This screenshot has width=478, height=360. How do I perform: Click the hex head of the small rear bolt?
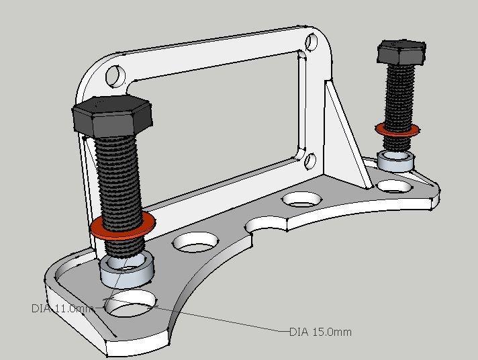pyautogui.click(x=401, y=52)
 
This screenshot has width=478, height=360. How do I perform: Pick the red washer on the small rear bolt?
pyautogui.click(x=397, y=129)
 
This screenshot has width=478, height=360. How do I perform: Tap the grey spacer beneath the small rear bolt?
pyautogui.click(x=395, y=161)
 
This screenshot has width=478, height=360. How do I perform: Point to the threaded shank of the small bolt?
pyautogui.click(x=400, y=94)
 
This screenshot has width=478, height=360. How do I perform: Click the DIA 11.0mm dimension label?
pyautogui.click(x=60, y=308)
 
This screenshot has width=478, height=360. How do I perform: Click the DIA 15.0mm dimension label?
pyautogui.click(x=320, y=332)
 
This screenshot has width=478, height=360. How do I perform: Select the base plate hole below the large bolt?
pyautogui.click(x=130, y=305)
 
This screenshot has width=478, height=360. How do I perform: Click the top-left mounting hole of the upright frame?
pyautogui.click(x=115, y=74)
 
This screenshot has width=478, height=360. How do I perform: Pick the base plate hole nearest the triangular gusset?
pyautogui.click(x=301, y=199)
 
